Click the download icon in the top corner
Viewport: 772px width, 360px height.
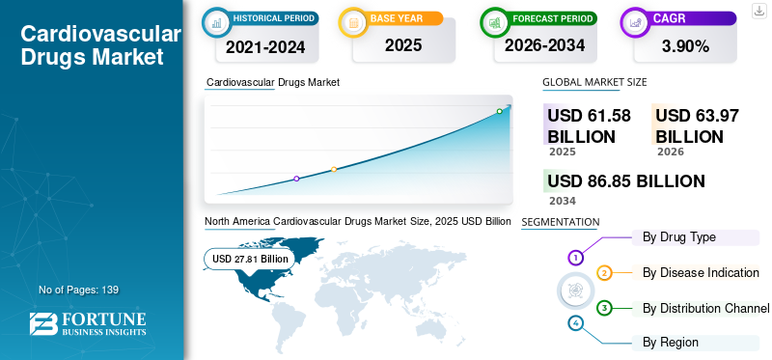758,11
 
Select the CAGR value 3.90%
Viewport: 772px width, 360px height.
685,46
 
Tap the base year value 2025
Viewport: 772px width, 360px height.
403,45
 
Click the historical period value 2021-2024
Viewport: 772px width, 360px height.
265,47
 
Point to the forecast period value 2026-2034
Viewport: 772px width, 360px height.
544,45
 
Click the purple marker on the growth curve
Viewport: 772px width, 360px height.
296,179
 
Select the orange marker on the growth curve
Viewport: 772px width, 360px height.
334,170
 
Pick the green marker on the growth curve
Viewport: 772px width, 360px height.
499,111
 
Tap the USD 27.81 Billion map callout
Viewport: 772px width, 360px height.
250,259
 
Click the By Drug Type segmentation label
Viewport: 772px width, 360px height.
679,237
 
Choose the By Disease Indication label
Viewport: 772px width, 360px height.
701,272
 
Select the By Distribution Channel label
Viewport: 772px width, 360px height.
705,309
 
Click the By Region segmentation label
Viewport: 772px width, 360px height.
670,343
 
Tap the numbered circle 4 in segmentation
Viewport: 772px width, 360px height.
575,323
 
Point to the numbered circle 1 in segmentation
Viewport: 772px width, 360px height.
575,257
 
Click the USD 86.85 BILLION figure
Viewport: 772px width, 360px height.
626,181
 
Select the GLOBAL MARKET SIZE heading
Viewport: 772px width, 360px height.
594,82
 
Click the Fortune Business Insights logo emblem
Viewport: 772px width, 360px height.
43,323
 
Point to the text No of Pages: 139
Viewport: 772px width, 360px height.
79,290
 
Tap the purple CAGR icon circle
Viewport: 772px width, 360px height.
636,22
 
